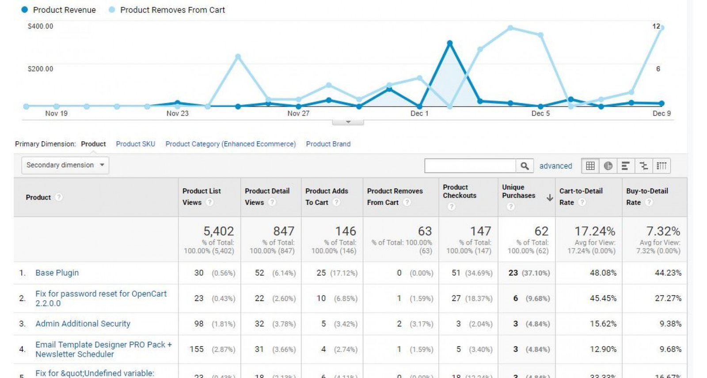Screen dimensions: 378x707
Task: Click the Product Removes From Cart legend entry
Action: click(167, 10)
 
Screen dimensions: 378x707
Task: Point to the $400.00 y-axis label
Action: click(40, 26)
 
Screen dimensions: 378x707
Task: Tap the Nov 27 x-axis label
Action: click(298, 113)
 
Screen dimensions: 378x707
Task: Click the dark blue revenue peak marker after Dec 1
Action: click(450, 43)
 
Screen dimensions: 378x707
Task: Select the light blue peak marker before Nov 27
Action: click(238, 57)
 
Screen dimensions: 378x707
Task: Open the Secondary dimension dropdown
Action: click(65, 165)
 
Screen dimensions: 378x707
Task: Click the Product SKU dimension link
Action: click(135, 144)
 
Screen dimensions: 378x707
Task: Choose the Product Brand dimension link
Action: click(328, 144)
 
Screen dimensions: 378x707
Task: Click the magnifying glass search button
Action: click(525, 166)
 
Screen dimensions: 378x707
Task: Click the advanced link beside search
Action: click(555, 166)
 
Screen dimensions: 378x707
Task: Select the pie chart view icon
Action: click(608, 166)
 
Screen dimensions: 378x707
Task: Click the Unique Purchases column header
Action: click(518, 192)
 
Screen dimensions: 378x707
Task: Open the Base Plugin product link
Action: click(57, 273)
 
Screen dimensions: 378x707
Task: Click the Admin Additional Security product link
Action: click(83, 324)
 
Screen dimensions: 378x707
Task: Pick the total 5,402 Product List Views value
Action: click(218, 231)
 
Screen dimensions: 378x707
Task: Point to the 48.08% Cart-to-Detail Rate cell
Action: click(603, 273)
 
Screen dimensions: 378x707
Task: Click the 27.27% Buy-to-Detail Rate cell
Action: click(668, 299)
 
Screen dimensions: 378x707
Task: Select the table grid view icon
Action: click(590, 166)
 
